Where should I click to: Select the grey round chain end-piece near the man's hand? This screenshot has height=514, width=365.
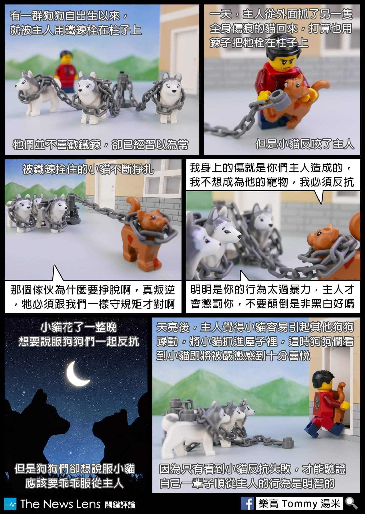coord(279,99)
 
